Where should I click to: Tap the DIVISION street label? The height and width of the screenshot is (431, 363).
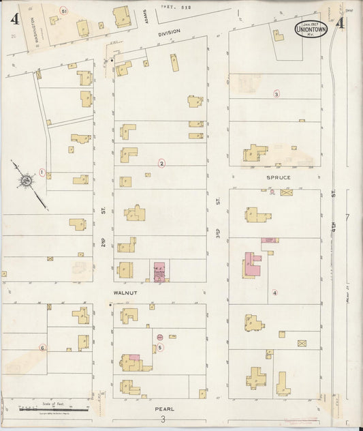click(x=168, y=32)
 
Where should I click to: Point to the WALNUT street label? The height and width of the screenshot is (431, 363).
click(x=125, y=293)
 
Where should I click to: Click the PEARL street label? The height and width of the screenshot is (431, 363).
click(x=164, y=408)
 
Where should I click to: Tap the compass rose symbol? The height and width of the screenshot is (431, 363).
click(x=26, y=181)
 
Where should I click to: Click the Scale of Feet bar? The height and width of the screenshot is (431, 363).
click(x=46, y=408)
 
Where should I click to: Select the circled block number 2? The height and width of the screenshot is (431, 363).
click(x=161, y=163)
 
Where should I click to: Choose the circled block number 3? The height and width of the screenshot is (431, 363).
click(x=277, y=93)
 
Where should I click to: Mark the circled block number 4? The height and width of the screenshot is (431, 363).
click(x=274, y=293)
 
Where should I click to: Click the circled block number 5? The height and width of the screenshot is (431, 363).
click(x=159, y=347)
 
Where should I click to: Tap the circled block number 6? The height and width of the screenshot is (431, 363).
click(x=42, y=347)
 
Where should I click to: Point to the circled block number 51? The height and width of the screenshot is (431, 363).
click(x=63, y=12)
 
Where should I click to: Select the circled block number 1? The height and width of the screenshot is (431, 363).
click(x=42, y=173)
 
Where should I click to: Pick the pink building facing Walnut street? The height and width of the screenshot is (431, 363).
click(x=160, y=271)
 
